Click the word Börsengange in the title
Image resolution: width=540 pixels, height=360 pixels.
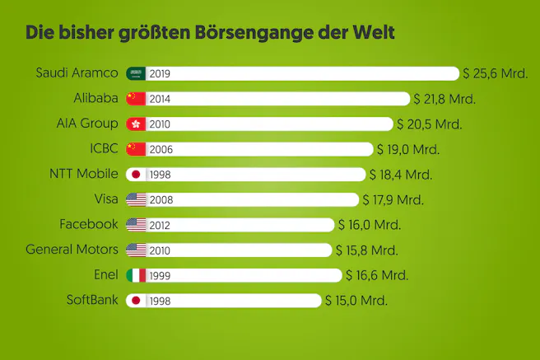252,34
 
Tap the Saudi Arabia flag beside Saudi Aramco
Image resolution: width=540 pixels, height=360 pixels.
136,73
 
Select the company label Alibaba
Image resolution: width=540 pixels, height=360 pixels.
95,98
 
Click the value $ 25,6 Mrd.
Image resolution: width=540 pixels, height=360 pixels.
496,73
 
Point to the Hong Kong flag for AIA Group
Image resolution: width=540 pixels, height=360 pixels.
136,124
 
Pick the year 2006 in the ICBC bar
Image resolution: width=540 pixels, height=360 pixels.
161,149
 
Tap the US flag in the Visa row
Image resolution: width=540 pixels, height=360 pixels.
136,199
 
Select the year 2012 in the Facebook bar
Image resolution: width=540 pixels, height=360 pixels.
161,224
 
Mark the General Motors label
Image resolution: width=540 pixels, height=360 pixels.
72,249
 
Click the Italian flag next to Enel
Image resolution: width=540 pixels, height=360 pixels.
136,274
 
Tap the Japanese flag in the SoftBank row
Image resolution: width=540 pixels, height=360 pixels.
136,300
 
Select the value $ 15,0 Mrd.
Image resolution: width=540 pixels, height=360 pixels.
356,300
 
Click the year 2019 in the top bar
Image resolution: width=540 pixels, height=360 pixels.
161,73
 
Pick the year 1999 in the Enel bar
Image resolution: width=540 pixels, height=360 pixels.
161,274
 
